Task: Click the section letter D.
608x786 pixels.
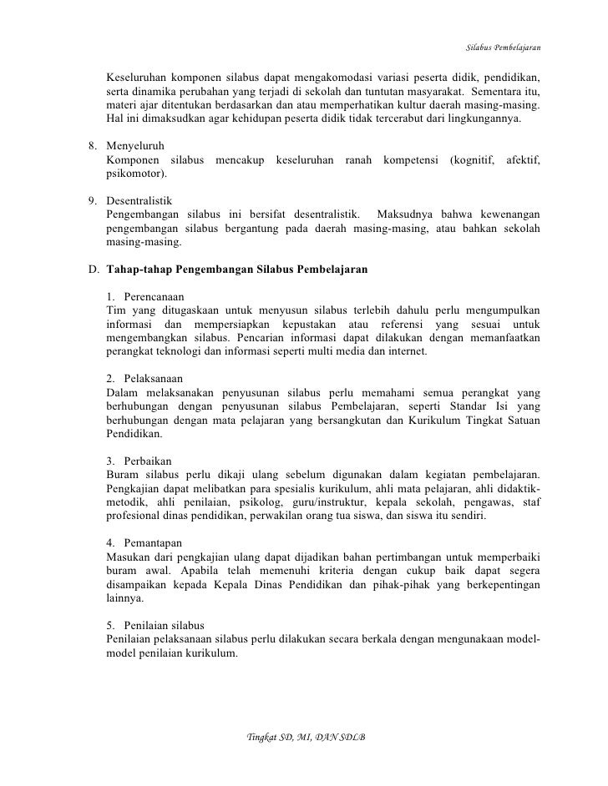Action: point(93,270)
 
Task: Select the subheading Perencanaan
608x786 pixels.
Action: point(153,297)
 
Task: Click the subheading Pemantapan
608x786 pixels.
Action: point(152,542)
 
